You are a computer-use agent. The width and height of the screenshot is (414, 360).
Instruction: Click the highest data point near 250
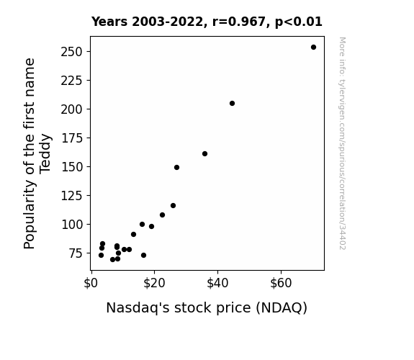coord(313,48)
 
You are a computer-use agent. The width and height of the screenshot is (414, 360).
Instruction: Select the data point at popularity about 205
coord(232,103)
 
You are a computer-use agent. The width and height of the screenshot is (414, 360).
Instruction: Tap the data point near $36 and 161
coord(204,153)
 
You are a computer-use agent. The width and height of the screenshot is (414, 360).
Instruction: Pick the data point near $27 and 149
coord(176,168)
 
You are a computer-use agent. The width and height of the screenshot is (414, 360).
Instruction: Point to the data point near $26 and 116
coord(173,205)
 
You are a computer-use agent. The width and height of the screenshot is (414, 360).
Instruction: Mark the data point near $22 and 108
coord(162,215)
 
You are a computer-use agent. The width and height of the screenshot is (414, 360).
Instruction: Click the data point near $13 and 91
coord(133,234)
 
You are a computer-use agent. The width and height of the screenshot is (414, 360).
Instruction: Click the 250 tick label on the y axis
coord(71,52)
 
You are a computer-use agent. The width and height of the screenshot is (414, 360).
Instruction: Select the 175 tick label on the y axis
coord(71,138)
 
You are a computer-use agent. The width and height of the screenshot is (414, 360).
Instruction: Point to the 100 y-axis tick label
coord(71,225)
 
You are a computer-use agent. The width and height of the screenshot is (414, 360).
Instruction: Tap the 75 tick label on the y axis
coord(76,253)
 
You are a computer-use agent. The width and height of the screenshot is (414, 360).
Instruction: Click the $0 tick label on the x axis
coord(91,284)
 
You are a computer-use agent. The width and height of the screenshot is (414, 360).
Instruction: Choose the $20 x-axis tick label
coord(154,284)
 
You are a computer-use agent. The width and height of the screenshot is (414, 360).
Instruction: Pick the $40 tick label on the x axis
coord(217,284)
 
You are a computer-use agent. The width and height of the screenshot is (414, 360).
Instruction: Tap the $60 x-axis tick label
coord(281,284)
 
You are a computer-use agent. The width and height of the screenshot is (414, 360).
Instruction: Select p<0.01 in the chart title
coord(299,22)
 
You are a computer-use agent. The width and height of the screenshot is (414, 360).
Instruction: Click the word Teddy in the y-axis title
coord(45,154)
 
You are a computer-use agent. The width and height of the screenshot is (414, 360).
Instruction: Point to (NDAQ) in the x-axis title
coord(282,308)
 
